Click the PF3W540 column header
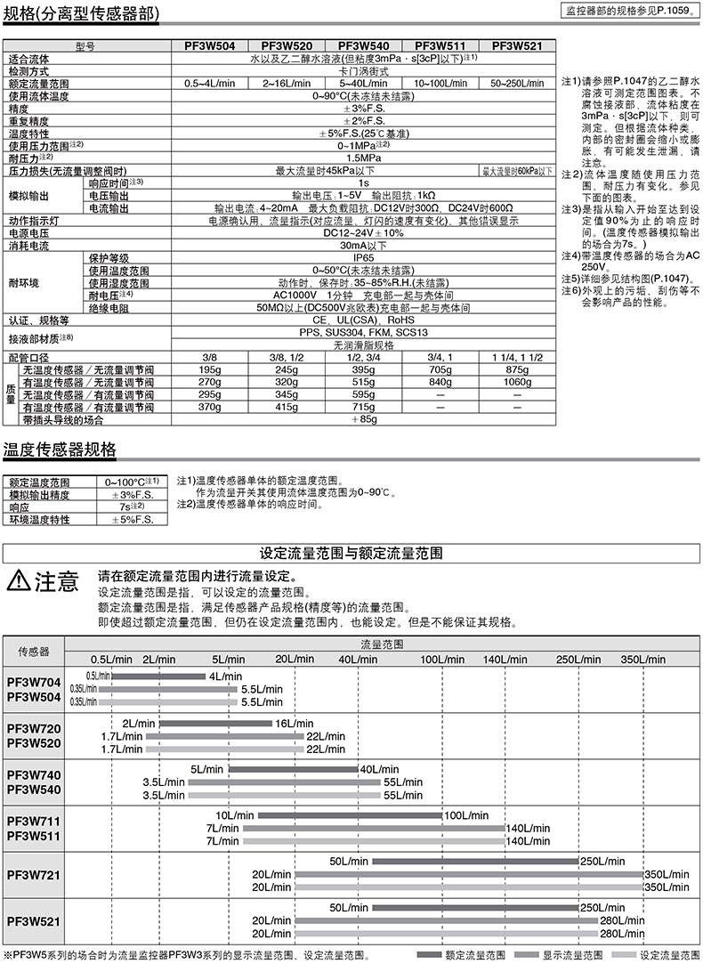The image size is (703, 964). point(364,45)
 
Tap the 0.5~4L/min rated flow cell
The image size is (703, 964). point(210,83)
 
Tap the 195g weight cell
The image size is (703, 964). point(210,369)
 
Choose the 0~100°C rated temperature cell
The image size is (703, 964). point(132,482)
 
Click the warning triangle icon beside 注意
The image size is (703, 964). point(18,582)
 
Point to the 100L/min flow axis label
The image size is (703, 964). point(442,660)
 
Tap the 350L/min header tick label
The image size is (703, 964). point(642,660)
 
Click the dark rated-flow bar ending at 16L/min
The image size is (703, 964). point(215,724)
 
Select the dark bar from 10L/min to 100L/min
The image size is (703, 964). point(351,815)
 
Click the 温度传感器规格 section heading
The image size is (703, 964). point(60,450)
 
